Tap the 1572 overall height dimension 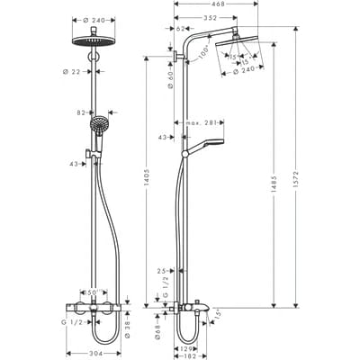pyautogui.click(x=296, y=171)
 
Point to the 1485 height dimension pyautogui.click(x=274, y=171)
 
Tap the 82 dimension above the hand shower pyautogui.click(x=82, y=113)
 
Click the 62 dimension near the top pyautogui.click(x=181, y=29)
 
